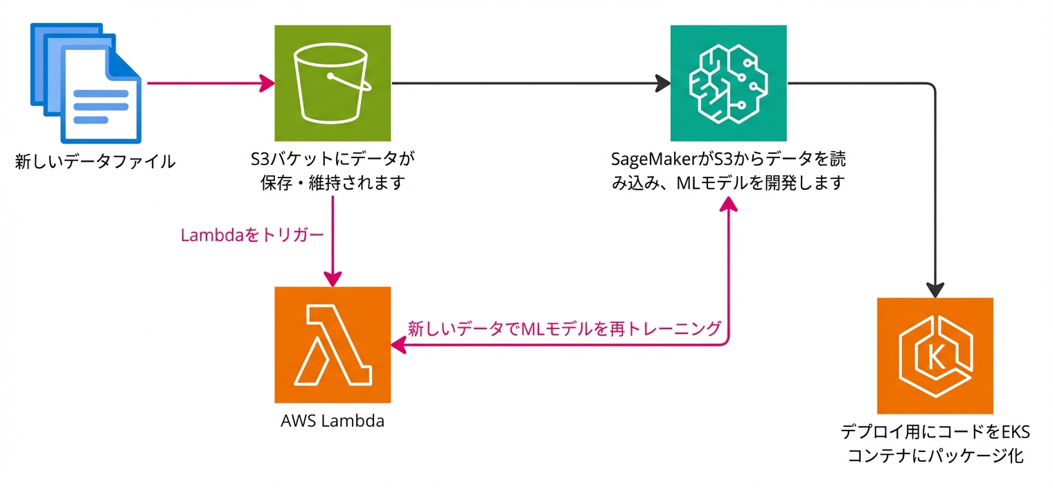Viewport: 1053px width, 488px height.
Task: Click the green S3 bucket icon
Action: [x=333, y=82]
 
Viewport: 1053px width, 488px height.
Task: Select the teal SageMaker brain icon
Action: [x=729, y=82]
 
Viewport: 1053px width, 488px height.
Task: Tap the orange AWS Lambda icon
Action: [x=333, y=344]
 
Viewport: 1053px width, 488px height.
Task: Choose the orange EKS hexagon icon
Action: [x=935, y=355]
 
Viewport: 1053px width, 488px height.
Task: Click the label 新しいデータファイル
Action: [x=95, y=163]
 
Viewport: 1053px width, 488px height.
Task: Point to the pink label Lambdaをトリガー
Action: [x=252, y=236]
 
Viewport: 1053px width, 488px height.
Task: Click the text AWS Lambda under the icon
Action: [x=333, y=421]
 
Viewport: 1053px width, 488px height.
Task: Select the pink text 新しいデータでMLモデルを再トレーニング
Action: [x=565, y=328]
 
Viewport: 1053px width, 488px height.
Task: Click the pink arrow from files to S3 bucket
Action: [x=208, y=84]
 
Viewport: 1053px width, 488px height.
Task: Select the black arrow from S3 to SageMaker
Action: [x=526, y=84]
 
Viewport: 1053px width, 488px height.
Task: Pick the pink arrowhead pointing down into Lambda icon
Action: [x=333, y=278]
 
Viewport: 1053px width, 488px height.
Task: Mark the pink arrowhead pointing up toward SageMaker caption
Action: [x=729, y=204]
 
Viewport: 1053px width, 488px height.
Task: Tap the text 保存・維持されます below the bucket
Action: [x=333, y=184]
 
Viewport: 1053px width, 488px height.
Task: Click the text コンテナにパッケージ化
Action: [x=935, y=456]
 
